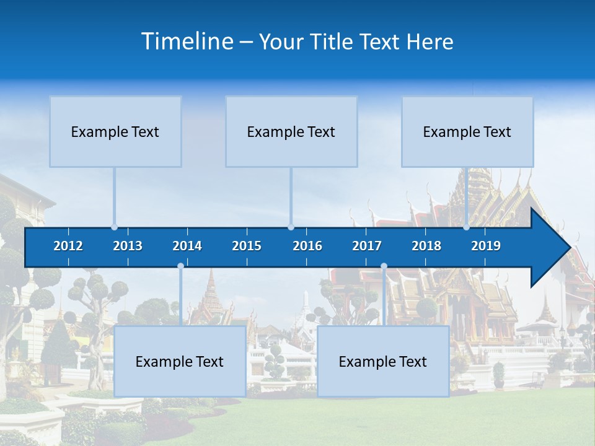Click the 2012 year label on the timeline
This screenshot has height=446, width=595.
68,246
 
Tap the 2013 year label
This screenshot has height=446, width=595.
128,246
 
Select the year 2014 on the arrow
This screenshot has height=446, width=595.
187,246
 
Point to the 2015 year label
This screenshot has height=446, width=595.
247,246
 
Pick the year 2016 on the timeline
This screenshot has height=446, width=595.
307,246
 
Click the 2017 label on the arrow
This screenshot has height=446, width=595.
367,246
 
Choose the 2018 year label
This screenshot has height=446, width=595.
426,246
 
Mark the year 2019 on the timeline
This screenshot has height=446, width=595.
486,246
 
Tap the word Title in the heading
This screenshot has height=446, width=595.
335,42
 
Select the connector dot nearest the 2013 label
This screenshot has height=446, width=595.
114,227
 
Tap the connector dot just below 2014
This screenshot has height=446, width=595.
180,266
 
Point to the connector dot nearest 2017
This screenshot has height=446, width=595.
384,266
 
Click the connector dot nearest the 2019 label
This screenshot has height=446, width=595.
466,227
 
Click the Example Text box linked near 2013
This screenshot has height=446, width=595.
115,131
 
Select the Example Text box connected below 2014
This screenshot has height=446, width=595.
180,361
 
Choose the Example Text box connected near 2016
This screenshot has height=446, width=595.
291,131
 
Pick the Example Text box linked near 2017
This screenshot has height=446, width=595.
383,361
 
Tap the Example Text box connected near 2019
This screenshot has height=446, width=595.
467,131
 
